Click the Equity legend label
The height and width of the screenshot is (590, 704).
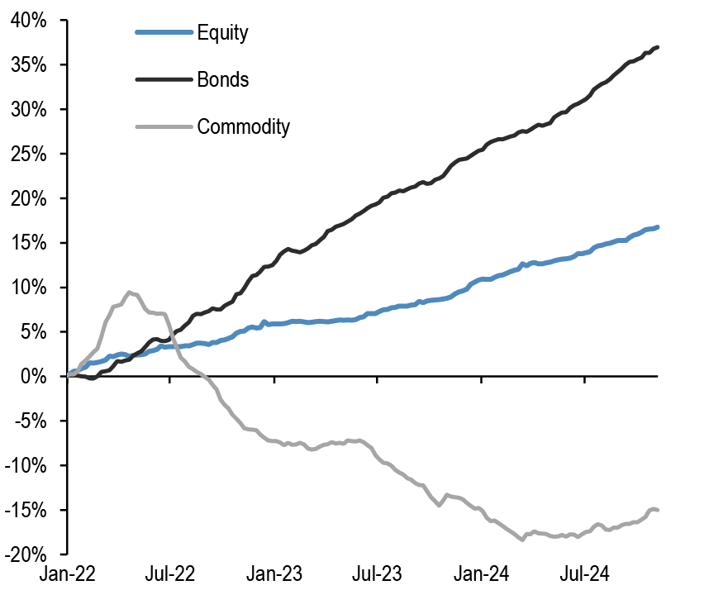coord(222,33)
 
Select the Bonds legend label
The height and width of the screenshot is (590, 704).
coord(222,80)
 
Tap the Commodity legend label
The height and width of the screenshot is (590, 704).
coord(243,126)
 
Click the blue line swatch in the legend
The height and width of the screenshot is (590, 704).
coord(163,33)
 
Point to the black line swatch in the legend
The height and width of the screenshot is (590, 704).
coord(163,80)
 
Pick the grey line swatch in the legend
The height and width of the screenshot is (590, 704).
coord(163,126)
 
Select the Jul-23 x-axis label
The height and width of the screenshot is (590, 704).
coord(377,572)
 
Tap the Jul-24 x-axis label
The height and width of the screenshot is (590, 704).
coord(584,572)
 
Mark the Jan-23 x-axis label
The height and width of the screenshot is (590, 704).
coord(274,572)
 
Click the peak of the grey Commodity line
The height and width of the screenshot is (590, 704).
coord(130,292)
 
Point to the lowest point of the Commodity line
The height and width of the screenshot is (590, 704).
coord(522,540)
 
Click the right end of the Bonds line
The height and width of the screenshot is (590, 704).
coord(658,47)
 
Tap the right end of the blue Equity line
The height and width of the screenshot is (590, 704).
coord(658,226)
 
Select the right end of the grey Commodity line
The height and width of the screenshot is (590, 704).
coord(658,510)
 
